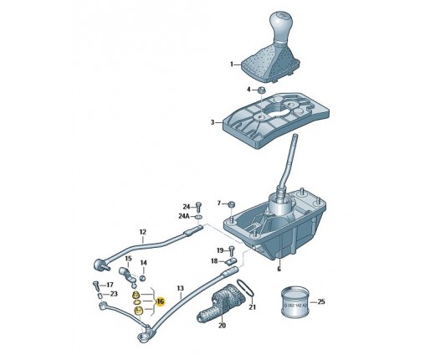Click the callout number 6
(x=280, y=270)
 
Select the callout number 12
(x=142, y=232)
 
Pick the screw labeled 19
(x=231, y=250)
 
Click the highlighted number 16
(x=160, y=301)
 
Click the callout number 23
(x=113, y=294)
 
